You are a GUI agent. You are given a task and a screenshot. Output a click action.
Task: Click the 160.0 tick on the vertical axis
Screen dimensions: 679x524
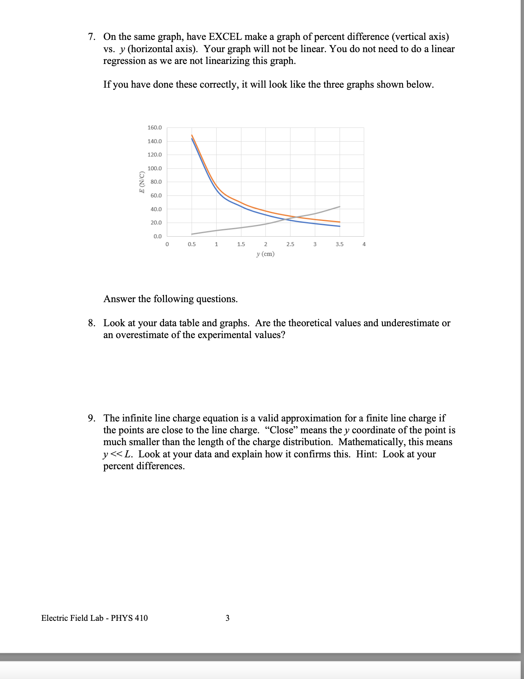click(155, 128)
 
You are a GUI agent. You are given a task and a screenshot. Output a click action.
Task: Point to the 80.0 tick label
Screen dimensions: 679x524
click(156, 182)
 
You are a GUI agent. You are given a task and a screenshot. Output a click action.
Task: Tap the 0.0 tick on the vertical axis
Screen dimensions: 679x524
click(157, 236)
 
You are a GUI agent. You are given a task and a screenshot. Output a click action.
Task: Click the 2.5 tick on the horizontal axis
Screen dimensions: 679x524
click(290, 244)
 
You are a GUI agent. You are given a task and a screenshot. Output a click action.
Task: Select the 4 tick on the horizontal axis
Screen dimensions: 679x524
click(364, 244)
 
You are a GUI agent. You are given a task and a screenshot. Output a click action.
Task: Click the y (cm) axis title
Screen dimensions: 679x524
click(265, 254)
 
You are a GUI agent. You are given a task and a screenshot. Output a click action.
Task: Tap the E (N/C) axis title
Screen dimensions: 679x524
click(142, 182)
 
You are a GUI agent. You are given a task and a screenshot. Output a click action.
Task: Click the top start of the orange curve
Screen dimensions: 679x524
click(192, 135)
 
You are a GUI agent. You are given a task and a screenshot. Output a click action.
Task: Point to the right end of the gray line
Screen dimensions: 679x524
click(340, 207)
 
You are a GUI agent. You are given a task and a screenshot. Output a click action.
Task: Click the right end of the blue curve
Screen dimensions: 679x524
click(340, 226)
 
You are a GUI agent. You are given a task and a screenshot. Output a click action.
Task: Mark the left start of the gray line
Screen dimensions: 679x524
click(192, 234)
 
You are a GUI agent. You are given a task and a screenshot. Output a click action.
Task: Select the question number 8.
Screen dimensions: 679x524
click(92, 323)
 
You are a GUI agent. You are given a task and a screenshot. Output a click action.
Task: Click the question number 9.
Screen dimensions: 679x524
click(92, 418)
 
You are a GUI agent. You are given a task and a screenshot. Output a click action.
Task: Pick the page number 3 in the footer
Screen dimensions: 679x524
click(227, 618)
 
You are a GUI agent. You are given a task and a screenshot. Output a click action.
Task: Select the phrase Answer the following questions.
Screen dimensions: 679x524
click(170, 299)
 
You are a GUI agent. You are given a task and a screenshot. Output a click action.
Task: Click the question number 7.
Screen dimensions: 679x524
click(92, 37)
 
